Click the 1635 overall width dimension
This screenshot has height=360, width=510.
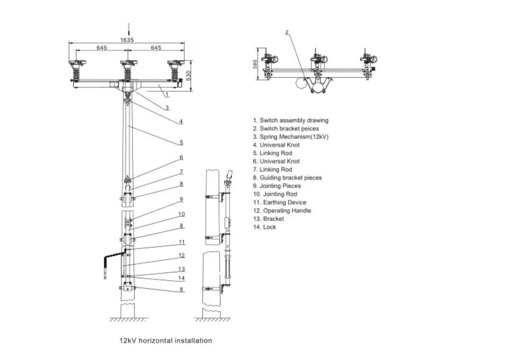click(127, 40)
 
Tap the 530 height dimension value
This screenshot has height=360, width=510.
click(189, 75)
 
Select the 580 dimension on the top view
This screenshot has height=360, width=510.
click(255, 64)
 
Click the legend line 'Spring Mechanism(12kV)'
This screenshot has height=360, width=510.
click(290, 137)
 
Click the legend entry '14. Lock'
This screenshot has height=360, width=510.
click(264, 227)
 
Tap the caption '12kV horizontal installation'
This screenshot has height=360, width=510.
click(165, 340)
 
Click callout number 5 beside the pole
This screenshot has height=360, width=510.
click(181, 142)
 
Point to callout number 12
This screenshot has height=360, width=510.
click(181, 255)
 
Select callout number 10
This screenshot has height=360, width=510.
click(181, 214)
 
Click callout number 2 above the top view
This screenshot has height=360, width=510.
click(287, 32)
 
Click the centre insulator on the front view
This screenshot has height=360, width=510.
click(127, 71)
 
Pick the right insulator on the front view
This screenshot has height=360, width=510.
click(174, 71)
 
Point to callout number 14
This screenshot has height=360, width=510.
click(181, 278)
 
